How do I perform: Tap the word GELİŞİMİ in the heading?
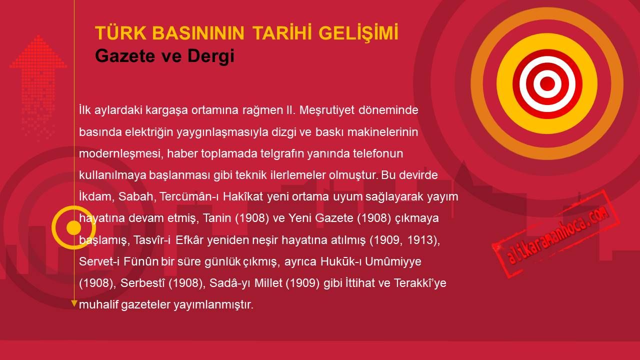[358, 32]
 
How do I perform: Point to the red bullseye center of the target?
[547, 83]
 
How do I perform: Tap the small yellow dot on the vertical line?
[74, 227]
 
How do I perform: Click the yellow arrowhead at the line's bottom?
[74, 303]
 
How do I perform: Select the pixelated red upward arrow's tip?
[38, 35]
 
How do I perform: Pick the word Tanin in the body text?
[217, 218]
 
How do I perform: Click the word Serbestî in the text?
[142, 283]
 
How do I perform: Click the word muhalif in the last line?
[98, 305]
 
